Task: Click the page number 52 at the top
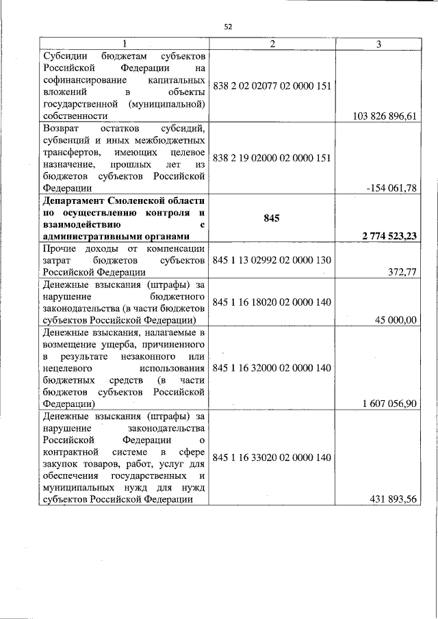(229, 27)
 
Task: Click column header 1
(124, 44)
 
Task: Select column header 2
(272, 44)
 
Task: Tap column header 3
(378, 44)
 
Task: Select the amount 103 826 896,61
(385, 116)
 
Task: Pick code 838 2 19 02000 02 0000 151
(272, 157)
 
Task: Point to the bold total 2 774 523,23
(384, 236)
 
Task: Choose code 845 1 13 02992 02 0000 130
(272, 260)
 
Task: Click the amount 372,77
(402, 272)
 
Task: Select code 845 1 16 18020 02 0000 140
(272, 302)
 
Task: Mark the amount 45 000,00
(394, 319)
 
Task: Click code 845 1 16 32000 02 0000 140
(272, 367)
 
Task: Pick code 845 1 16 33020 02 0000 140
(272, 457)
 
